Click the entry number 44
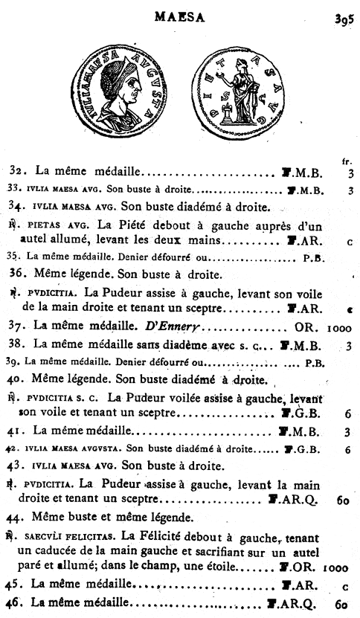[x=17, y=518]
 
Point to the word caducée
[x=56, y=551]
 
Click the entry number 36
[x=17, y=272]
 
